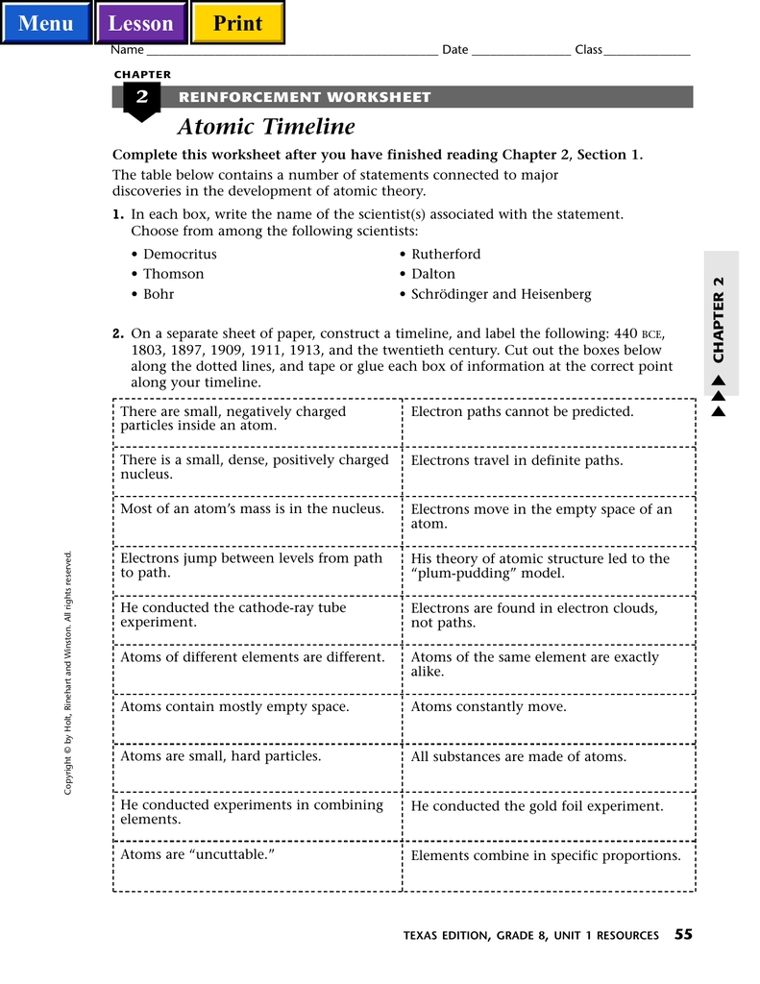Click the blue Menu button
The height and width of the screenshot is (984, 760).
click(46, 23)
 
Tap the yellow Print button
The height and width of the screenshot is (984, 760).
click(237, 23)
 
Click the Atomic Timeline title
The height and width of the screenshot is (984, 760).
click(266, 127)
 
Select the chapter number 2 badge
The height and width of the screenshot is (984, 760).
click(142, 97)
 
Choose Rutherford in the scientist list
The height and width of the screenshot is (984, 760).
click(446, 255)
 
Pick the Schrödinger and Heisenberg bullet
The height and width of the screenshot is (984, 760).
click(501, 294)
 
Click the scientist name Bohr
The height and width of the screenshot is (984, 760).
click(159, 294)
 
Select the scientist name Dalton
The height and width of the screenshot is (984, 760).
click(433, 274)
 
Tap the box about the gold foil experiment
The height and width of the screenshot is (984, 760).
click(537, 806)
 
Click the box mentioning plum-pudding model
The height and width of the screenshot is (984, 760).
click(540, 566)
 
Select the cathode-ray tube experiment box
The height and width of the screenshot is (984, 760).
click(233, 615)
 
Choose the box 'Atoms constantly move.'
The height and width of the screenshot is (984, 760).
click(489, 706)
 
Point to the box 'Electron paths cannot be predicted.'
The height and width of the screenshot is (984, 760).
click(523, 411)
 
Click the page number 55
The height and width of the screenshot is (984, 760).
click(683, 934)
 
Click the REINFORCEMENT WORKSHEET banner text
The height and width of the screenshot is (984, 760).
click(305, 97)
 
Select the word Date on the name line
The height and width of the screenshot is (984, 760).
click(455, 50)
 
